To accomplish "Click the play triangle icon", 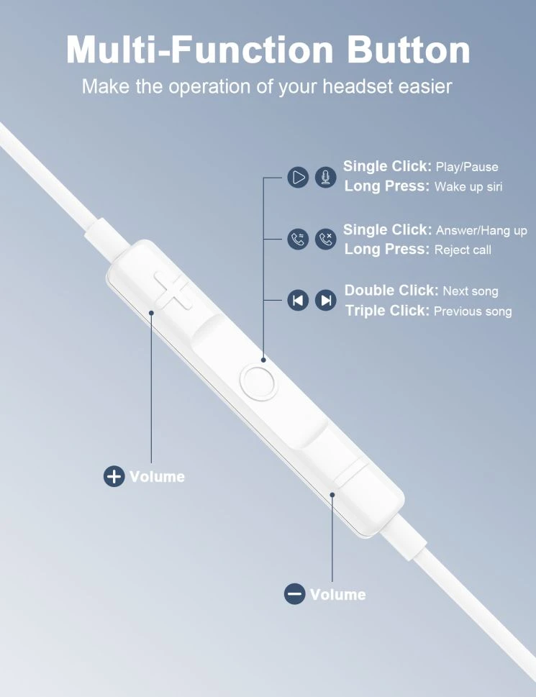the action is coord(299,178).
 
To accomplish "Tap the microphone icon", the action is coord(326,178).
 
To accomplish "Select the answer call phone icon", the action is coord(299,239).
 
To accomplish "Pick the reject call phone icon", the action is coord(326,239).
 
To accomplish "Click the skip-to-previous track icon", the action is coord(299,301).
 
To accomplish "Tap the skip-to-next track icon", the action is coord(326,301).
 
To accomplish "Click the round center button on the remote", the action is coord(259,381).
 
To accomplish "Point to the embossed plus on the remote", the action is coord(173,291).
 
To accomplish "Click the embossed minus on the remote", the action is coord(350,473).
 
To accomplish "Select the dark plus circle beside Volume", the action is coord(114,476).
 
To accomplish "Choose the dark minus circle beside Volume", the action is coord(295,594).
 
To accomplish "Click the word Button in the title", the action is coord(408,50).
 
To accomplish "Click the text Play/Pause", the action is coord(467,167).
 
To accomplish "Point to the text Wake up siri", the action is coord(468,186).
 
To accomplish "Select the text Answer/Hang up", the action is coord(482,231).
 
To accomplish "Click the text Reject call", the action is coord(463,250).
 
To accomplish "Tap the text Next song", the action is coord(471,291).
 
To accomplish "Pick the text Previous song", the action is coord(473,311).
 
